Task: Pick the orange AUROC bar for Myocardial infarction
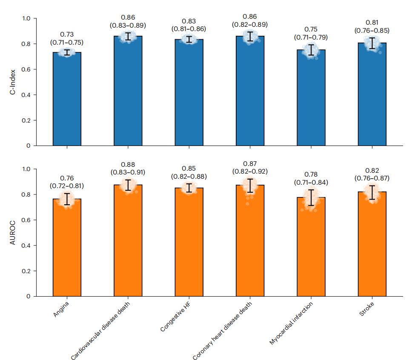click(x=311, y=247)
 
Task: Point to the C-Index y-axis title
click(x=14, y=82)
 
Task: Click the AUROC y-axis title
click(x=14, y=233)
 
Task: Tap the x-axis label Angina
click(x=61, y=310)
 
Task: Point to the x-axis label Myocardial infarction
click(x=292, y=323)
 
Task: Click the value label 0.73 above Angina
click(x=67, y=34)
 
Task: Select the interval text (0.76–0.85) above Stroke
click(x=372, y=30)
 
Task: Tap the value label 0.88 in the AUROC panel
click(x=128, y=164)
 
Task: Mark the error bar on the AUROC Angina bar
click(x=67, y=199)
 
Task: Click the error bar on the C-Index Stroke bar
click(x=372, y=43)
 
